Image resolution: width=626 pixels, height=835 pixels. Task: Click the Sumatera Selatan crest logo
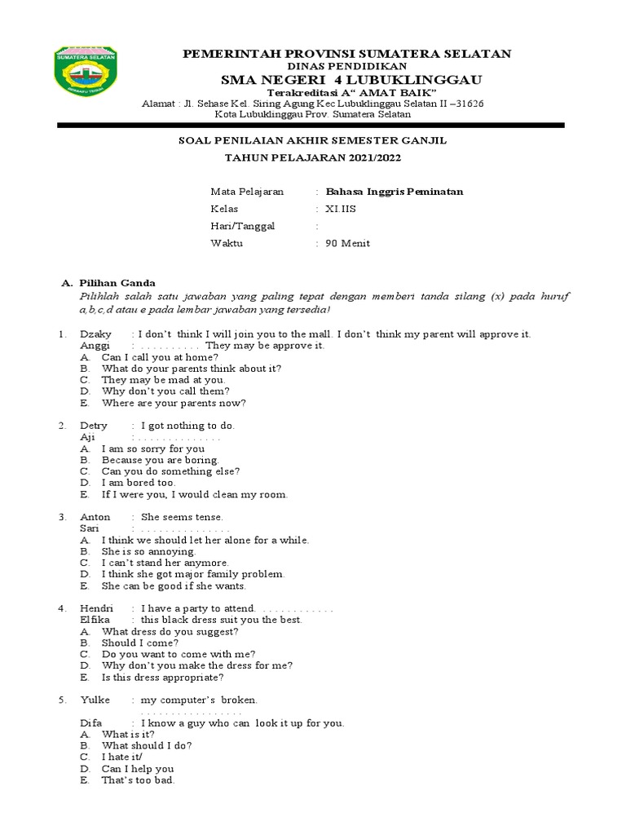click(86, 77)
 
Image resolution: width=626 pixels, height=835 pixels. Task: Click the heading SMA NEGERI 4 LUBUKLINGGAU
click(351, 79)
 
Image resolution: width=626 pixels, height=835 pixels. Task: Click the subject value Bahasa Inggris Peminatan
click(395, 192)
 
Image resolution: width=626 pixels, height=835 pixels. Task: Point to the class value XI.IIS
click(341, 209)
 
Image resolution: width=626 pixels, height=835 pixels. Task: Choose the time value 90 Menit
click(348, 243)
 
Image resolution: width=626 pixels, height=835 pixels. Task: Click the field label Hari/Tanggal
click(243, 226)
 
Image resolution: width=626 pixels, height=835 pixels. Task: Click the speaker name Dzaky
click(95, 334)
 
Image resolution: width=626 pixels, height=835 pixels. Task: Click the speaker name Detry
click(94, 426)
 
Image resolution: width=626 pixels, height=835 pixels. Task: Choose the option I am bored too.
click(139, 483)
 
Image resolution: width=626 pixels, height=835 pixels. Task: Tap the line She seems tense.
click(182, 517)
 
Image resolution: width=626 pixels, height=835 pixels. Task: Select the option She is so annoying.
click(149, 551)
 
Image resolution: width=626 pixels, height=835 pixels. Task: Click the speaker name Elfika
click(96, 620)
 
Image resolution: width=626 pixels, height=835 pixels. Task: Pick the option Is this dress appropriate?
click(162, 677)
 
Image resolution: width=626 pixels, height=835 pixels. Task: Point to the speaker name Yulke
click(94, 700)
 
